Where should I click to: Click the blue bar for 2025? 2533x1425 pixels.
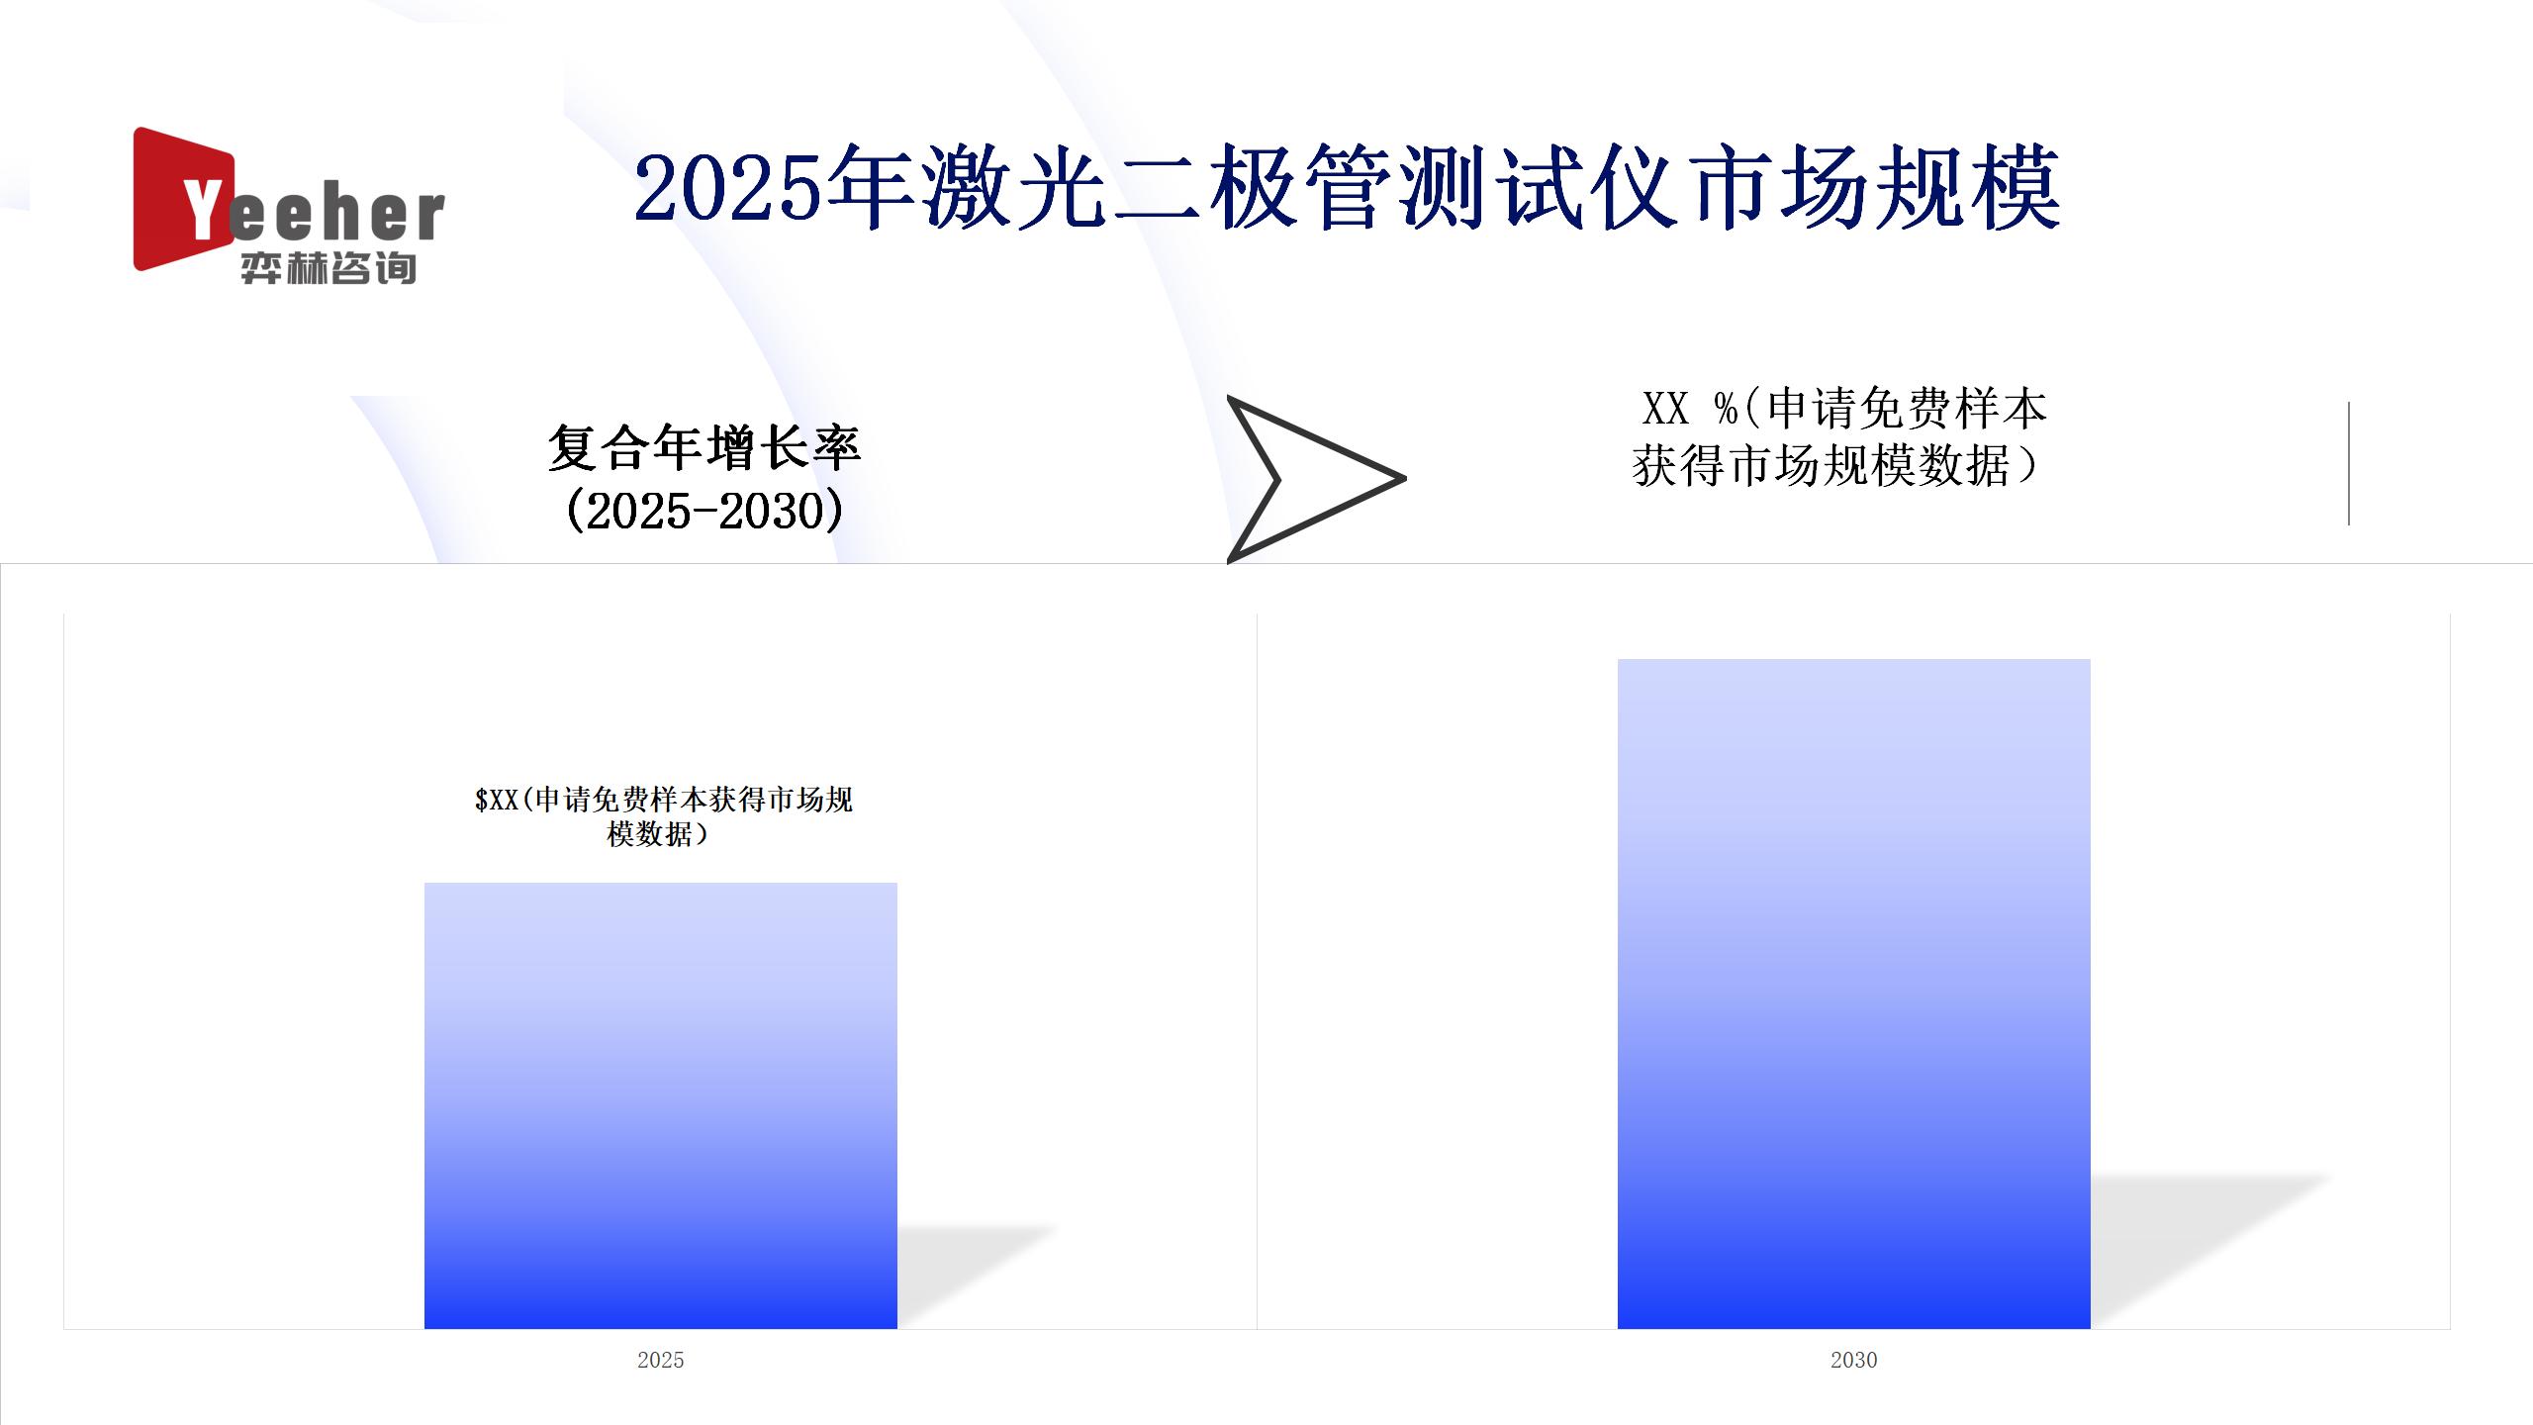(x=661, y=1105)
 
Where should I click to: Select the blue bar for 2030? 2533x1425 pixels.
(x=1853, y=994)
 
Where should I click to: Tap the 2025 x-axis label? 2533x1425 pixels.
(x=661, y=1360)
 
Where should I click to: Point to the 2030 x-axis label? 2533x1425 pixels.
(x=1853, y=1360)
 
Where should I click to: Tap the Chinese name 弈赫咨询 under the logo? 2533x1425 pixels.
(x=328, y=268)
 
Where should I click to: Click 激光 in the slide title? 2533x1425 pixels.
(x=1013, y=187)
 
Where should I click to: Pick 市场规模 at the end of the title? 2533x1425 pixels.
(x=1876, y=187)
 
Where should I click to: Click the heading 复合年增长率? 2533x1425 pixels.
(x=704, y=447)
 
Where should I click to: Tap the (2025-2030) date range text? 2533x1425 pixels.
(x=704, y=511)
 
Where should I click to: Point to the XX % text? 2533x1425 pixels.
(x=1690, y=408)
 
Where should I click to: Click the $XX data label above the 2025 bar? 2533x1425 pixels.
(x=663, y=816)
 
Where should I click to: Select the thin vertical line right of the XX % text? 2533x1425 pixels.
(x=2349, y=463)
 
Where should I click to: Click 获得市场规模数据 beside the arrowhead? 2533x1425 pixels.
(x=1821, y=465)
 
